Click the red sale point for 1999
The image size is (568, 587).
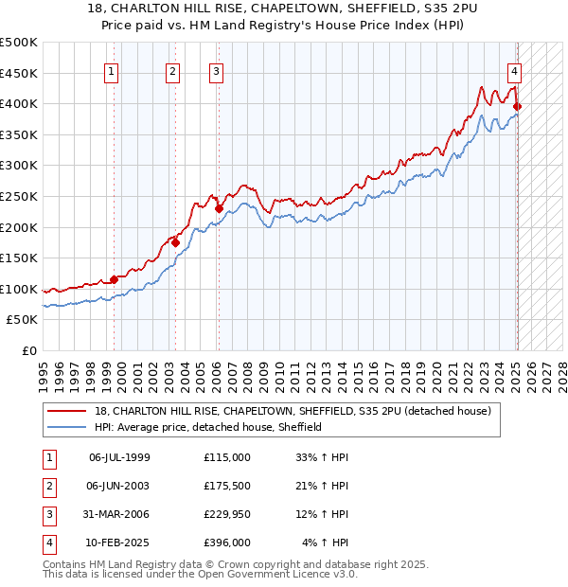[x=114, y=279]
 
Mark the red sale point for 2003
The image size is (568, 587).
[x=176, y=242]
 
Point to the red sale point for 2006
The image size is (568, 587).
[x=219, y=208]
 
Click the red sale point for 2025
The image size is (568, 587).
[x=517, y=106]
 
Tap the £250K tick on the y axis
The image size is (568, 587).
[x=19, y=196]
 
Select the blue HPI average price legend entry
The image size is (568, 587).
[x=208, y=427]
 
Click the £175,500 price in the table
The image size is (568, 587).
[x=226, y=486]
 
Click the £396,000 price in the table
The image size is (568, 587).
[x=226, y=543]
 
